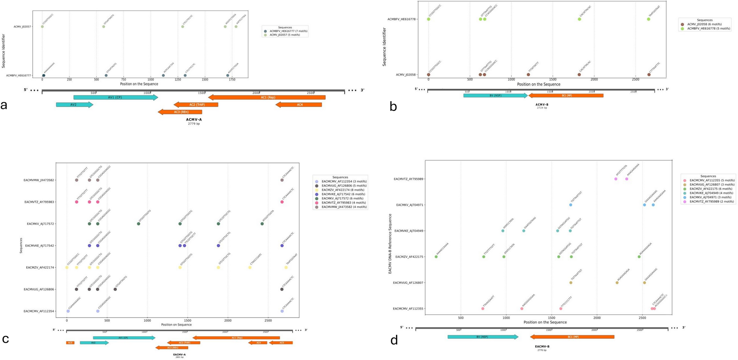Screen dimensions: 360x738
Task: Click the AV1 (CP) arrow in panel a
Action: pyautogui.click(x=115, y=98)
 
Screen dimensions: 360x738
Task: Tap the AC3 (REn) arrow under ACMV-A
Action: pyautogui.click(x=180, y=112)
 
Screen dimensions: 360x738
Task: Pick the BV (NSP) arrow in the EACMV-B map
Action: pyautogui.click(x=482, y=337)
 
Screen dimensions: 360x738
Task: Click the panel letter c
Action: pyautogui.click(x=6, y=339)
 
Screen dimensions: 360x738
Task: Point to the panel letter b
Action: pyautogui.click(x=393, y=107)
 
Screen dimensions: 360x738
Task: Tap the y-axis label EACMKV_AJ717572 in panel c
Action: pyautogui.click(x=40, y=224)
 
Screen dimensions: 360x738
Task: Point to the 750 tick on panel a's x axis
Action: pyautogui.click(x=123, y=80)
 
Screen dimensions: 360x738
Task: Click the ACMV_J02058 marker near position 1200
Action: pyautogui.click(x=528, y=75)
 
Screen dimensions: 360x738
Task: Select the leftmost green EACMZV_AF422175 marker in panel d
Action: pyautogui.click(x=436, y=257)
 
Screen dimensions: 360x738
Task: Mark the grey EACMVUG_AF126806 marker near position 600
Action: pyautogui.click(x=115, y=289)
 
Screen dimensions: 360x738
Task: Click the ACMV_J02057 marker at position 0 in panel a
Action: pyautogui.click(x=42, y=27)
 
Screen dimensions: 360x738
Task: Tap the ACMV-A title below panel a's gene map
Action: pyautogui.click(x=194, y=120)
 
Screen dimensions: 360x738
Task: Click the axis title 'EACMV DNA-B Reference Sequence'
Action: pyautogui.click(x=390, y=244)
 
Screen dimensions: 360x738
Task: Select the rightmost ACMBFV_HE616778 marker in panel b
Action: pyautogui.click(x=649, y=19)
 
